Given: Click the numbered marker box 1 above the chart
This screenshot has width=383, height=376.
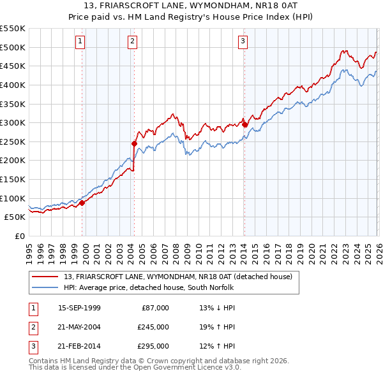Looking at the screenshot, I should tap(80, 42).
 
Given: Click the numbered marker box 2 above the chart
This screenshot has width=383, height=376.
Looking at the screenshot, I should tap(131, 42).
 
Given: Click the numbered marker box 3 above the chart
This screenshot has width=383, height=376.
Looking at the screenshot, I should tap(243, 42).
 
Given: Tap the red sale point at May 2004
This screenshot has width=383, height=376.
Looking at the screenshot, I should tap(134, 144).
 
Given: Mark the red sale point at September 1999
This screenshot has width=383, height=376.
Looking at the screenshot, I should tap(82, 203).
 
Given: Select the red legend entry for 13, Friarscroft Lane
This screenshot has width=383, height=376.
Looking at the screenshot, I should tap(177, 277).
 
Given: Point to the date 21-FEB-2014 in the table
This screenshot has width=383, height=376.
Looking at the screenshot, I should tap(79, 346).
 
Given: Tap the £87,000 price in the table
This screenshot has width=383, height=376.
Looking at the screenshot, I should tap(155, 308).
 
